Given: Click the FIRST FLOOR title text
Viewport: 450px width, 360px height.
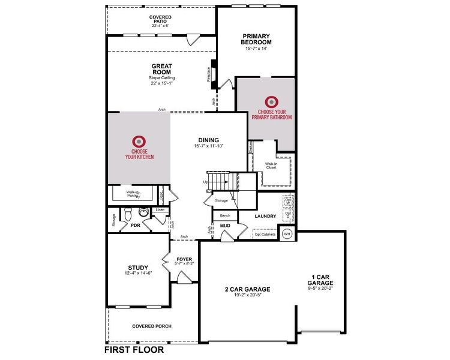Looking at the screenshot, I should tap(134, 349).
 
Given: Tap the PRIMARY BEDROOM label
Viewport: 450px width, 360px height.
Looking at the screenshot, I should tap(256, 40).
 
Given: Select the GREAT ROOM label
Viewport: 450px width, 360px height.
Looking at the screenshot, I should tap(161, 69).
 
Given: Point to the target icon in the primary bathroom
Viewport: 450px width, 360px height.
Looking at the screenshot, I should tap(272, 101).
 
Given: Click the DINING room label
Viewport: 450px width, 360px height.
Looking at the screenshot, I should tap(208, 140).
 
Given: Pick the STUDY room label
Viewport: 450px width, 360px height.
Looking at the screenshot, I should tap(138, 268).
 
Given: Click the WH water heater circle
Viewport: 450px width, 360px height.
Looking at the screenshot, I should tap(287, 233).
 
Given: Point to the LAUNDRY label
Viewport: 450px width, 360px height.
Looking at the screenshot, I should tap(265, 216).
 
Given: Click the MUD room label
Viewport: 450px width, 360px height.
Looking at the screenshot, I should tap(225, 226).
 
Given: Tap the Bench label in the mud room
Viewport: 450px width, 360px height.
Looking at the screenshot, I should tap(225, 215).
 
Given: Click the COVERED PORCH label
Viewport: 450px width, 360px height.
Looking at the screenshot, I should tap(152, 326).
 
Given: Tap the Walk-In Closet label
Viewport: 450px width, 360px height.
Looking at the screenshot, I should tap(271, 165).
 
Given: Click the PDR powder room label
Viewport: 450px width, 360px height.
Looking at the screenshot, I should tap(135, 226).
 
